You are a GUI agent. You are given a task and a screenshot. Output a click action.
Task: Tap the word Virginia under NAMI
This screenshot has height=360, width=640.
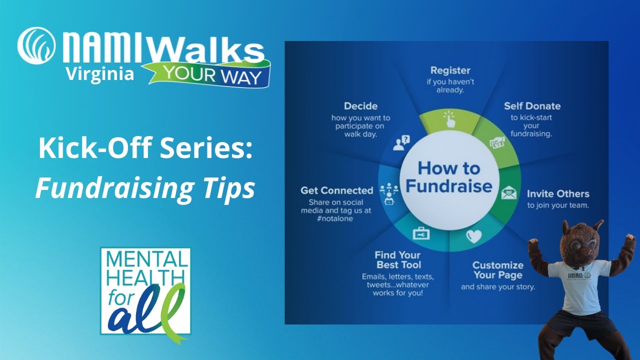coord(100,74)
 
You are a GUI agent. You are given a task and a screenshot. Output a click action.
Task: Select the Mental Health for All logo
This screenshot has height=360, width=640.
coord(145,291)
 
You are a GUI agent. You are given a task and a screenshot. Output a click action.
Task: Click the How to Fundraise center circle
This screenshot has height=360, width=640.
coord(448,177)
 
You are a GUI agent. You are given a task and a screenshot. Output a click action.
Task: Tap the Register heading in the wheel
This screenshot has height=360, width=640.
coord(450,70)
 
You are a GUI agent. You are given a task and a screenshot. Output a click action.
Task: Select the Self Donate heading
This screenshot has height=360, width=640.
coord(532,106)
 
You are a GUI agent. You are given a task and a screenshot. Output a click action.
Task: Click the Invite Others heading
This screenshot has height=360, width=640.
coord(557,193)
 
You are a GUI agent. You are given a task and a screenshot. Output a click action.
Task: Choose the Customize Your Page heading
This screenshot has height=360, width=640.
coord(497,270)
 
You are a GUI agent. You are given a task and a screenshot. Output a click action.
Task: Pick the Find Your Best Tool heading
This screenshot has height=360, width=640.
coord(398,260)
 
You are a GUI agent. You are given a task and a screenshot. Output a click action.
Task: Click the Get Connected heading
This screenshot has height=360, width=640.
coord(336,190)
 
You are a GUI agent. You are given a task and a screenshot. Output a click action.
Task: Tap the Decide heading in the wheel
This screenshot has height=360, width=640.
coord(360,106)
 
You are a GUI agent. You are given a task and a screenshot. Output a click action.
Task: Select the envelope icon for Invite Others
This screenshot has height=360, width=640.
coord(508,191)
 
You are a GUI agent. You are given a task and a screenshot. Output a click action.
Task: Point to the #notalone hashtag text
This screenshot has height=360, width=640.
coord(335,219)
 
